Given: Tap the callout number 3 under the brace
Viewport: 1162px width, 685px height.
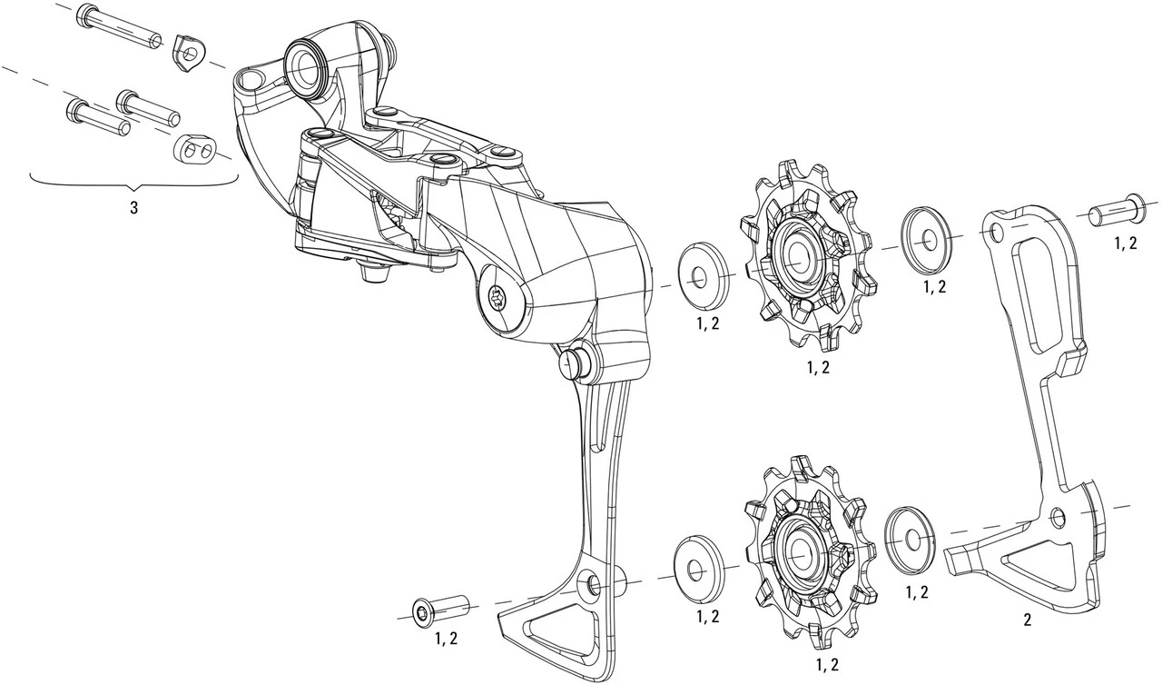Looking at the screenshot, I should point(134,207).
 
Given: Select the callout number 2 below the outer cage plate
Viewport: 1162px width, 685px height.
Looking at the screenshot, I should point(1027,621).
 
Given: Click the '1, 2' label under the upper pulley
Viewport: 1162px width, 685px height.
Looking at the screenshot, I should point(817,367).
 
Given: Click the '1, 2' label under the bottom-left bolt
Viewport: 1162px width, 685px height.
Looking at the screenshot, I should point(445,639).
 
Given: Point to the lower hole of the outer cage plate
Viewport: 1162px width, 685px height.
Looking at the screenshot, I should point(1057,517).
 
